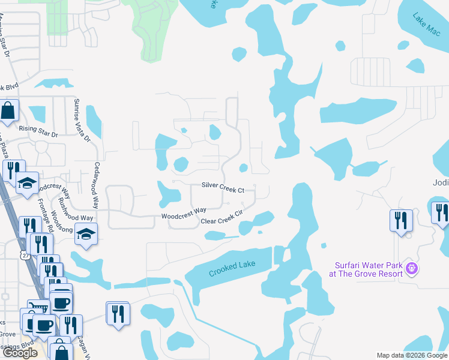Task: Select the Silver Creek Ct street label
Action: click(x=223, y=189)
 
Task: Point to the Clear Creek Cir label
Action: click(x=221, y=217)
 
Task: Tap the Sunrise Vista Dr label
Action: click(x=81, y=120)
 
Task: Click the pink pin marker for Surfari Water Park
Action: click(x=411, y=268)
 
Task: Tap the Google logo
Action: click(x=20, y=353)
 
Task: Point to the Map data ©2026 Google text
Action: click(x=411, y=355)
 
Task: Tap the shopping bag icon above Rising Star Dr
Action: click(x=8, y=110)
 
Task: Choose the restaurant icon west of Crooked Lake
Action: click(x=118, y=313)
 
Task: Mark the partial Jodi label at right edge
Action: click(x=441, y=182)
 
